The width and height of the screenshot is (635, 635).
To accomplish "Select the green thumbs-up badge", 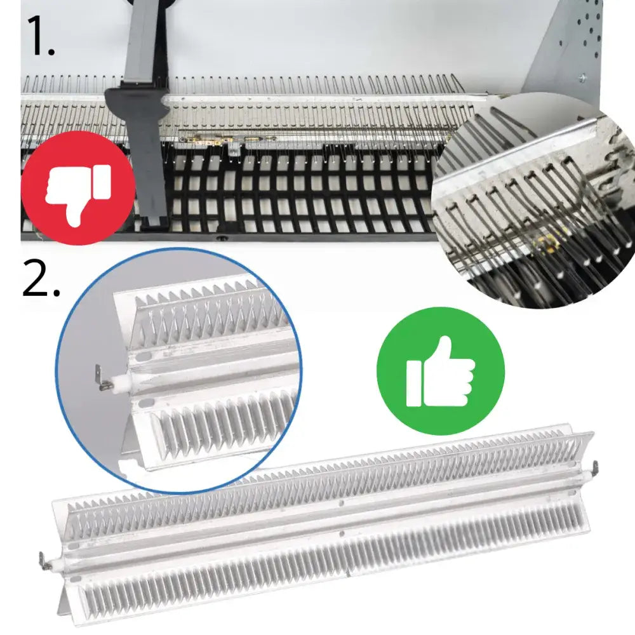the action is coord(441,371).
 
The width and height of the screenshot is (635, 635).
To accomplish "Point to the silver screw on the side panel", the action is coord(582,77).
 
